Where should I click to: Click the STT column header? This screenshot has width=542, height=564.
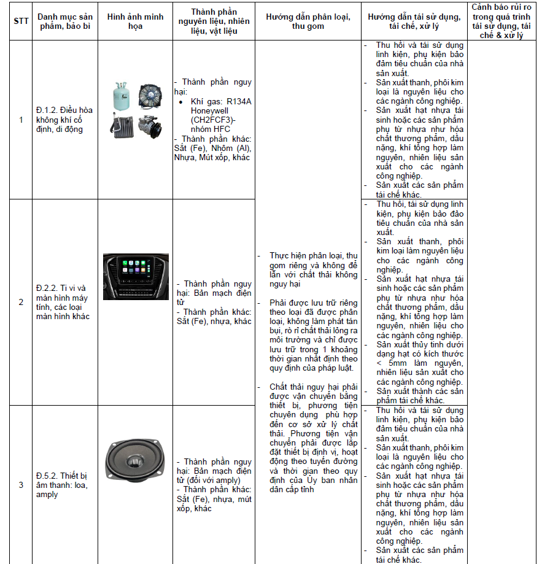pyautogui.click(x=21, y=21)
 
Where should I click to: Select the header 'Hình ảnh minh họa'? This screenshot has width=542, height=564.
pyautogui.click(x=135, y=21)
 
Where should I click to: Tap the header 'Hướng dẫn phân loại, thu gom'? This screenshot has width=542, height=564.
pyautogui.click(x=308, y=21)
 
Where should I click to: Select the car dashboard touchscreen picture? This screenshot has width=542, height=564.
pyautogui.click(x=135, y=277)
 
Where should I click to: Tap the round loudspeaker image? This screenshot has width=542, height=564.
pyautogui.click(x=135, y=460)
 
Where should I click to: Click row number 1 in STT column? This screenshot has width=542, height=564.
pyautogui.click(x=21, y=120)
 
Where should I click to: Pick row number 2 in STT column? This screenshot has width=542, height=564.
pyautogui.click(x=21, y=302)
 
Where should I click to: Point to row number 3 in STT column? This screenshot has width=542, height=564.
pyautogui.click(x=21, y=485)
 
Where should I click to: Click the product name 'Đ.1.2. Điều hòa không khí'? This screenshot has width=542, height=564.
pyautogui.click(x=64, y=120)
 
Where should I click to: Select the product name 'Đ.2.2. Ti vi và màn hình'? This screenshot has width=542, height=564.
pyautogui.click(x=64, y=302)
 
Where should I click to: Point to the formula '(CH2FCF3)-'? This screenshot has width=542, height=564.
pyautogui.click(x=212, y=120)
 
